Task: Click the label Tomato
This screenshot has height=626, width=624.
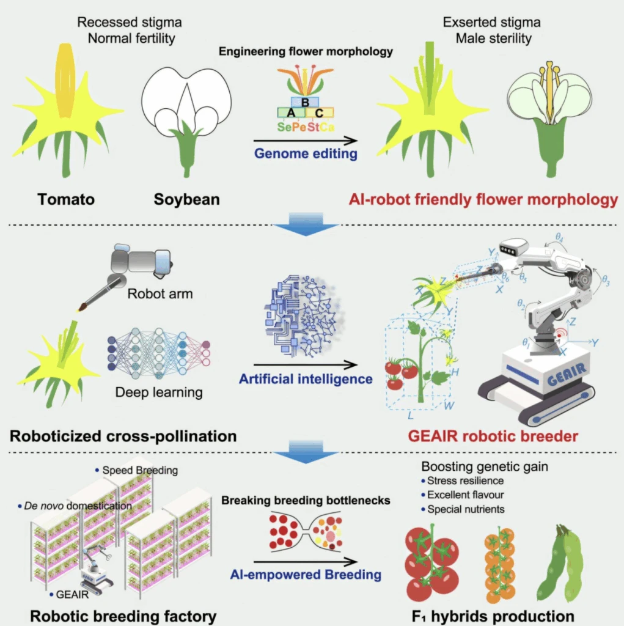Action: pyautogui.click(x=67, y=199)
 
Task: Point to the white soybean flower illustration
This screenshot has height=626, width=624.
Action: pyautogui.click(x=186, y=104)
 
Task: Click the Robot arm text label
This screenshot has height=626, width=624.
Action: pyautogui.click(x=160, y=294)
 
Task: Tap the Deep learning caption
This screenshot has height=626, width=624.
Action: pyautogui.click(x=159, y=391)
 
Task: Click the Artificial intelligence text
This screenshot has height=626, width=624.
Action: pyautogui.click(x=306, y=379)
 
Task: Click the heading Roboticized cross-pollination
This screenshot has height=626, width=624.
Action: pyautogui.click(x=123, y=436)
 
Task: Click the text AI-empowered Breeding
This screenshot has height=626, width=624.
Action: pyautogui.click(x=306, y=575)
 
